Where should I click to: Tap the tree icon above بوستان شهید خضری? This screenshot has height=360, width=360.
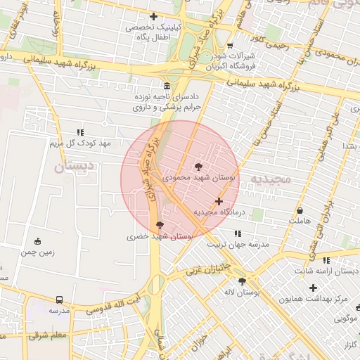pyautogui.click(x=160, y=226)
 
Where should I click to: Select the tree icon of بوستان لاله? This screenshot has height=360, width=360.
pyautogui.click(x=243, y=281)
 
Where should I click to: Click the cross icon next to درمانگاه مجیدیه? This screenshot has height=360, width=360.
pyautogui.click(x=219, y=201)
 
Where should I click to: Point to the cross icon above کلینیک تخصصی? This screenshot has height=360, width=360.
pyautogui.click(x=153, y=16)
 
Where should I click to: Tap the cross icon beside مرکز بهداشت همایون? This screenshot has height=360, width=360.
pyautogui.click(x=314, y=288)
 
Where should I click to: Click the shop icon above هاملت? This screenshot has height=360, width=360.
pyautogui.click(x=300, y=210)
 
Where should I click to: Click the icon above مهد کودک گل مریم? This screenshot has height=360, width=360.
pyautogui.click(x=80, y=131)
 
